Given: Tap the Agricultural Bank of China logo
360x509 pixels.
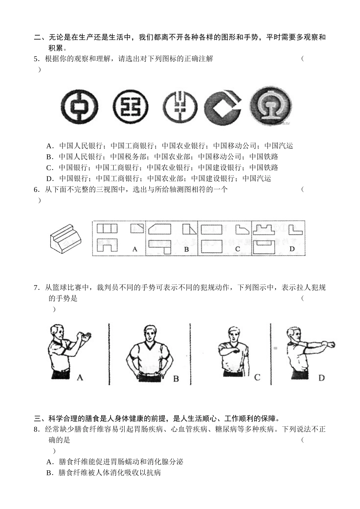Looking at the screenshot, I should click(x=180, y=107).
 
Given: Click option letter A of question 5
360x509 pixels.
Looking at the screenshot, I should click(x=49, y=146).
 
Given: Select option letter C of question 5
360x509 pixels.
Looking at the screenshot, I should click(x=49, y=168).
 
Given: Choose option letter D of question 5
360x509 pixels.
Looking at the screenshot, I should click(x=49, y=179).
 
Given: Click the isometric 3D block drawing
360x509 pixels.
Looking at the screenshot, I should click(x=66, y=238).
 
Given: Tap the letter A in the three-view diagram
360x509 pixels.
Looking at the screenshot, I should click(x=135, y=249).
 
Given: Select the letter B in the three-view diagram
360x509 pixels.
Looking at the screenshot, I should click(x=186, y=249).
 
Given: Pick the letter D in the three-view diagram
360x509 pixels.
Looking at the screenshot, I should click(x=292, y=249).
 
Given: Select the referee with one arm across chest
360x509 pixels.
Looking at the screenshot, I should click(x=232, y=351).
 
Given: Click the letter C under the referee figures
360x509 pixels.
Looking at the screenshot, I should click(x=257, y=377).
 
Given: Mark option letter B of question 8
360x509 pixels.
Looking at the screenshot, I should click(x=49, y=473).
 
